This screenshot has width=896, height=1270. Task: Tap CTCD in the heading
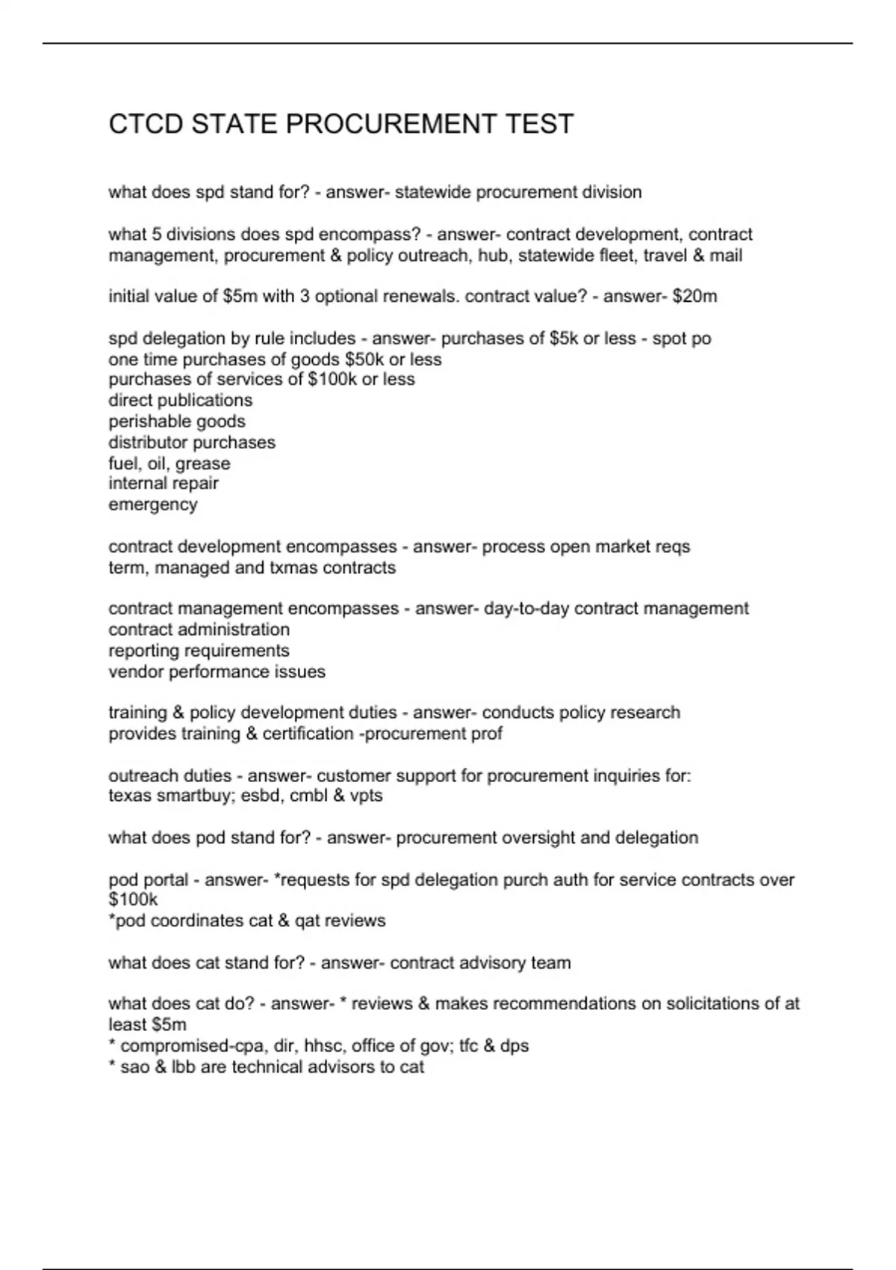coord(146,124)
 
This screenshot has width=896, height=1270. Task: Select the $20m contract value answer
coord(694,297)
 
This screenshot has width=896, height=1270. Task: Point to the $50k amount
coord(364,359)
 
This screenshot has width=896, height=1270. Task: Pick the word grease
coord(202,463)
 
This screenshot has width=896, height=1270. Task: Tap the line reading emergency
coord(153,504)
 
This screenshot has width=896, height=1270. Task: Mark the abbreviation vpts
coord(366,796)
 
